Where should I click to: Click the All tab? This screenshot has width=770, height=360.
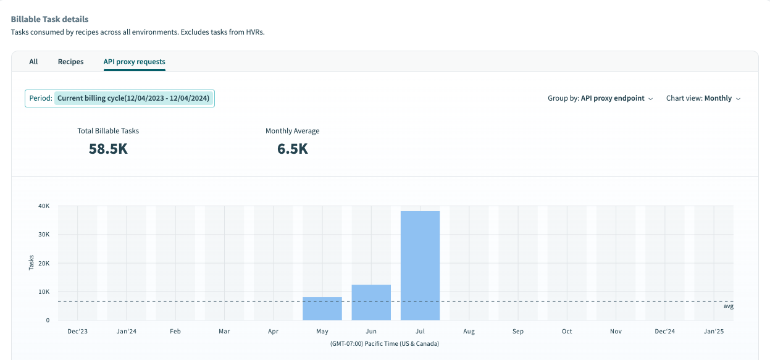pos(33,62)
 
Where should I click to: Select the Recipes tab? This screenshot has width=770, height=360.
pos(70,62)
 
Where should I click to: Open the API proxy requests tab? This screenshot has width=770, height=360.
pos(134,62)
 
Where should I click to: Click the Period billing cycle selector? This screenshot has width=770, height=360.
pos(120,98)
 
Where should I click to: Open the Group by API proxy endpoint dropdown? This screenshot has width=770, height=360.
pos(600,98)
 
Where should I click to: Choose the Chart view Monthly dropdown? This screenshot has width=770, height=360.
pos(703,98)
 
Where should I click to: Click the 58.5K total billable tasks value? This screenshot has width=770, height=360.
pos(108,149)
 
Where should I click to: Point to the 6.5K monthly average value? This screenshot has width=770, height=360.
pos(292,149)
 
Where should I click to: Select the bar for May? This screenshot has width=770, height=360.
pos(322,309)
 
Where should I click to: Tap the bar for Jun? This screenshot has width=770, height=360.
pos(371,303)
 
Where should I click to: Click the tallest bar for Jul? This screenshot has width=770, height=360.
pos(420,266)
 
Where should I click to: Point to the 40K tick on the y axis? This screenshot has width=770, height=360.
pos(44,206)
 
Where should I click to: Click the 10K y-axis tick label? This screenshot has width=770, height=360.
pos(44,292)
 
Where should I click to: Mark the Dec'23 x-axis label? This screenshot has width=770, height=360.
pos(77,332)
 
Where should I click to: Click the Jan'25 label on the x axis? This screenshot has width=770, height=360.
pos(714,332)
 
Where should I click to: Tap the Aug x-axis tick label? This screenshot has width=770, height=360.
pos(469,332)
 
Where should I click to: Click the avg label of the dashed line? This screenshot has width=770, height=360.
pos(728,306)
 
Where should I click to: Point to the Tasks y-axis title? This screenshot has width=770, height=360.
pos(31,263)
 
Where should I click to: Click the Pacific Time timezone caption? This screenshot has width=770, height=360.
pos(384,343)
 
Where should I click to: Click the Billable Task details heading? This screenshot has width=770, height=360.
pos(49,20)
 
